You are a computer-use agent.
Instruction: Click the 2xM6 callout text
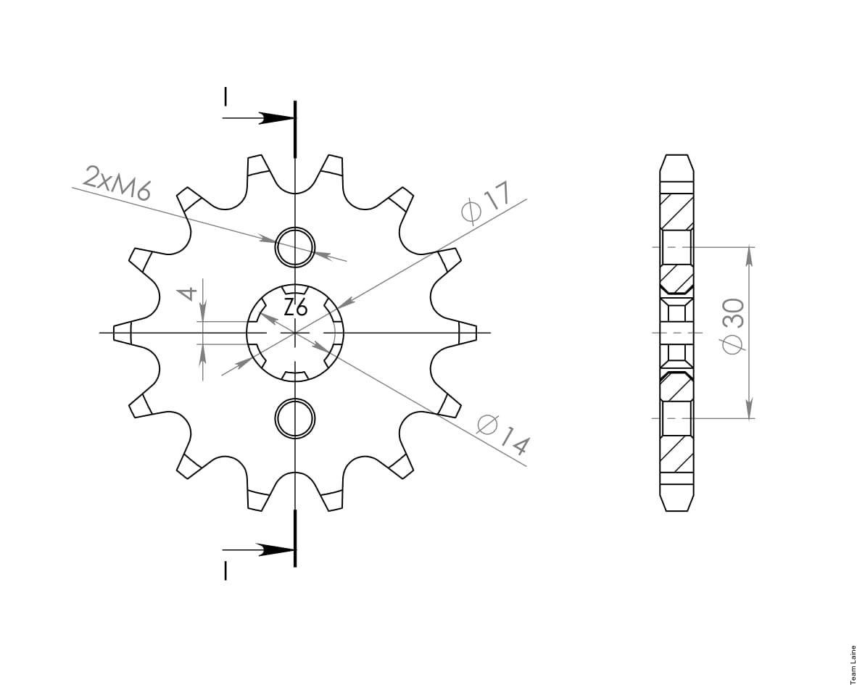pos(117,183)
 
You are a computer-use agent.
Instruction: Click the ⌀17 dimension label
pos(486,204)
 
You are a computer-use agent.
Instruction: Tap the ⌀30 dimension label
pos(732,325)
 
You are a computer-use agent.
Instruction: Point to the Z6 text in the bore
pos(296,308)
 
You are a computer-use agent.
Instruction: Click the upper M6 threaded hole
pos(295,246)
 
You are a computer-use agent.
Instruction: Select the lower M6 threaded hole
pos(295,419)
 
